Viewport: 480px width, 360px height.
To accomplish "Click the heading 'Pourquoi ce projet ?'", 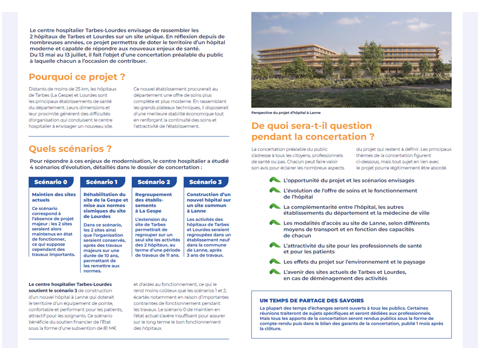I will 76,77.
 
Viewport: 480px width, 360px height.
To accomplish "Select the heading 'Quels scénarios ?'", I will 70,148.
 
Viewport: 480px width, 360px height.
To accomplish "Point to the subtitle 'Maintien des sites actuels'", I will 53,197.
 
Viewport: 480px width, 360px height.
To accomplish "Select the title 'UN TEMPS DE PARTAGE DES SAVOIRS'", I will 312,300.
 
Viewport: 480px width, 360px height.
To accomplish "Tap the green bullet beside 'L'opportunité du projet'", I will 274,180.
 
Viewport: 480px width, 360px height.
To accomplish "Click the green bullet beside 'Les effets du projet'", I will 274,261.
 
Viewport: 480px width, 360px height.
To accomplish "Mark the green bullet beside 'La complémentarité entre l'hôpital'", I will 274,206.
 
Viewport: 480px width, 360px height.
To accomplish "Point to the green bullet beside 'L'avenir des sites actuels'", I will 274,271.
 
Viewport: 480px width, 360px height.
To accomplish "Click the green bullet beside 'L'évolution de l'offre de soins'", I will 274,190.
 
